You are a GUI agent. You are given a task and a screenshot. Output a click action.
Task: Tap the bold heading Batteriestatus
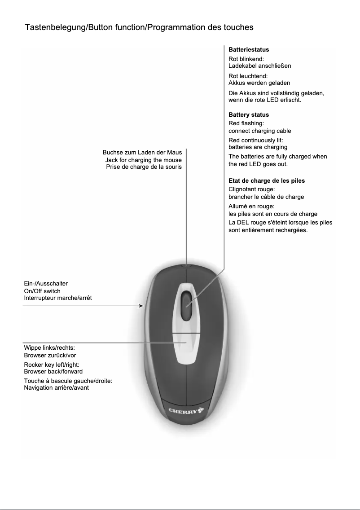[x=249, y=49]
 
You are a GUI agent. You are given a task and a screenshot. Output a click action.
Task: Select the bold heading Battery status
[x=249, y=114]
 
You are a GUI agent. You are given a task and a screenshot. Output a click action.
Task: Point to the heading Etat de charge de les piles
[x=267, y=180]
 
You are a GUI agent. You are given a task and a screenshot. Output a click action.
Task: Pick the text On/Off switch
[x=42, y=291]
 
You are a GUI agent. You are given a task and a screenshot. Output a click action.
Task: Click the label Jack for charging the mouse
[x=143, y=160]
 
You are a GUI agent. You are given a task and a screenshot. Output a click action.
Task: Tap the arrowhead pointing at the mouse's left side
[x=141, y=306]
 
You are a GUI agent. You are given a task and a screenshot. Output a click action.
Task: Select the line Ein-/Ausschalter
[x=46, y=284]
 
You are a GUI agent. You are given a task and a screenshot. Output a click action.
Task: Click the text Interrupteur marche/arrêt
[x=58, y=298]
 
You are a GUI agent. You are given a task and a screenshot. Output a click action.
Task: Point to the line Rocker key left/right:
[x=52, y=365]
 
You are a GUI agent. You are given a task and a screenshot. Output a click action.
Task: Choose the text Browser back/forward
[x=53, y=371]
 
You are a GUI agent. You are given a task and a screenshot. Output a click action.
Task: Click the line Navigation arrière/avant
[x=56, y=387]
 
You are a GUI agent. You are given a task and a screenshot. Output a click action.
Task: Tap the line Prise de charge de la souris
[x=144, y=167]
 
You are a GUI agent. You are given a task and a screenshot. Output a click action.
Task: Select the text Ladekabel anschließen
[x=260, y=66]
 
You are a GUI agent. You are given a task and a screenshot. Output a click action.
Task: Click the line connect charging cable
[x=260, y=131]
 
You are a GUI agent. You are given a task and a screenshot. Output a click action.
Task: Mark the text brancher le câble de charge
[x=266, y=197]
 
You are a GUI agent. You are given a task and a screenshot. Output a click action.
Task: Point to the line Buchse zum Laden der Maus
[x=142, y=153]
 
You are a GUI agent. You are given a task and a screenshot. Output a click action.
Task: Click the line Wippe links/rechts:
[x=49, y=347]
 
